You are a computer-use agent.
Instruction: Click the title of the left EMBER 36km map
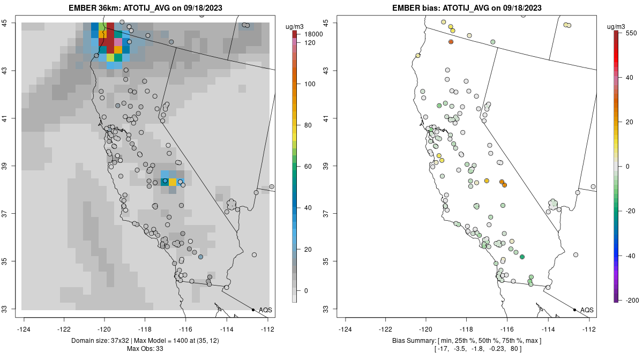(x=146, y=8)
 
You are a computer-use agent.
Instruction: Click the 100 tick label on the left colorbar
(x=310, y=84)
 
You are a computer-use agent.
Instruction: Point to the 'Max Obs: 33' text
(x=146, y=349)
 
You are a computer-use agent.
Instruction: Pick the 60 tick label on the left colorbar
(x=308, y=167)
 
